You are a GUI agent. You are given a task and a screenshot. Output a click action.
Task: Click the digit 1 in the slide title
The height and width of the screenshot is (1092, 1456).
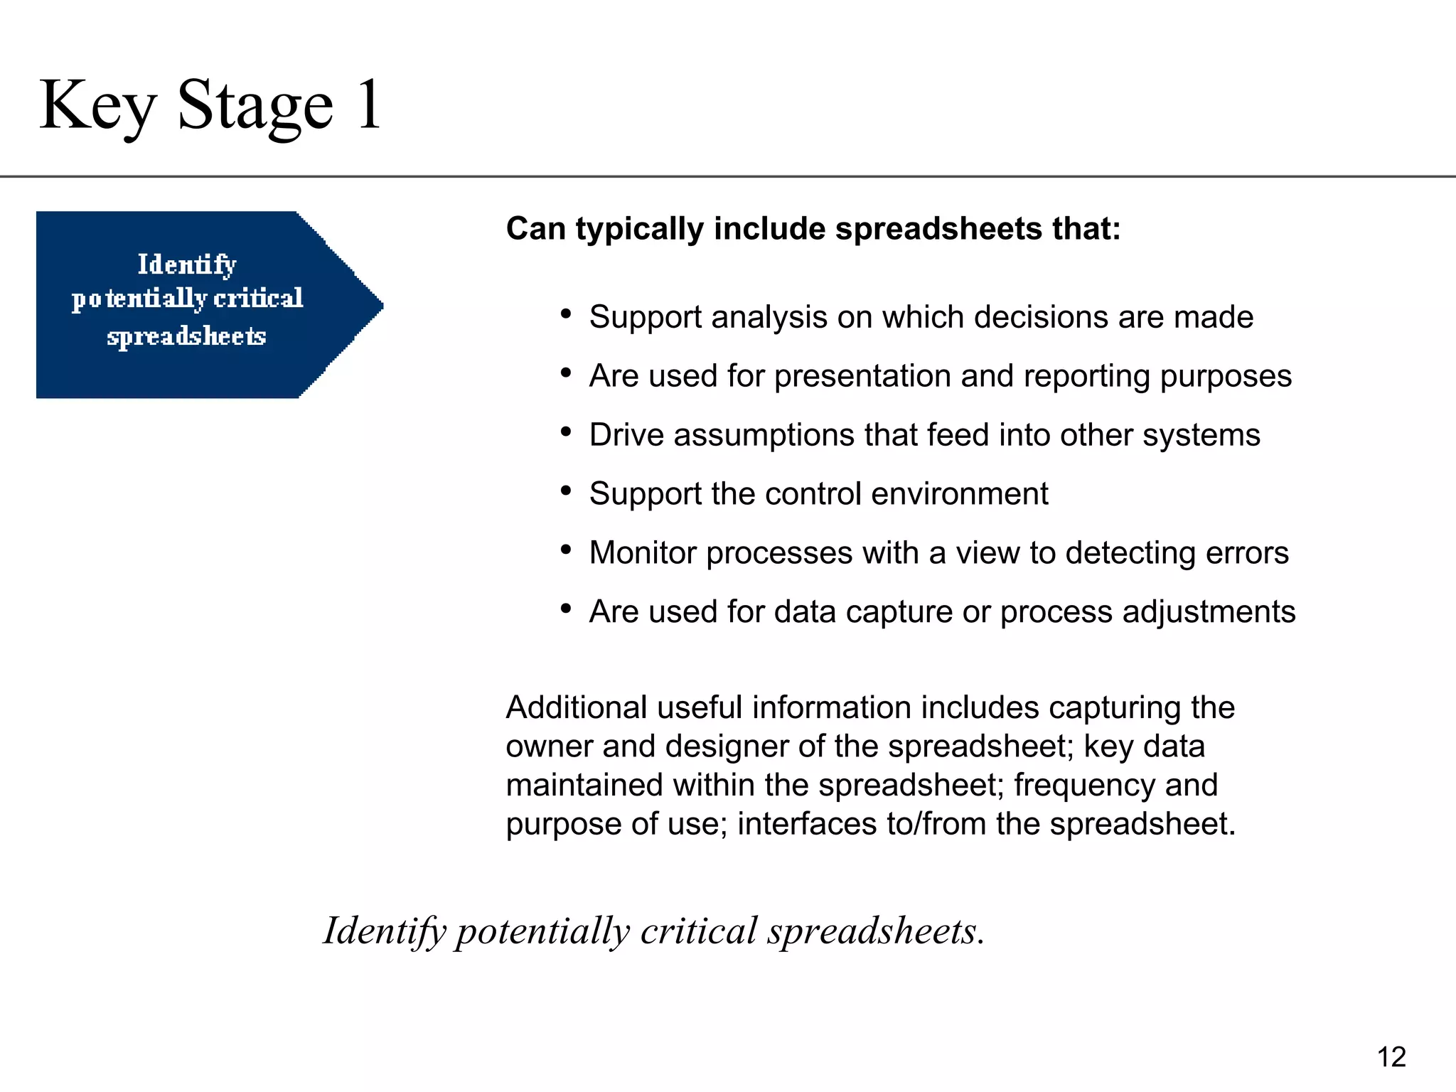[369, 105]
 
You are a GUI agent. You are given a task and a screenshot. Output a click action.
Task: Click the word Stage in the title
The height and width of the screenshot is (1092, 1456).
[255, 106]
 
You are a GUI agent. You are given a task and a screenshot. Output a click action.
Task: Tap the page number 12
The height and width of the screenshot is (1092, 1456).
[1391, 1057]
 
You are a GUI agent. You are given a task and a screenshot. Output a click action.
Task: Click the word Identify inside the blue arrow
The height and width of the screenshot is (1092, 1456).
[186, 264]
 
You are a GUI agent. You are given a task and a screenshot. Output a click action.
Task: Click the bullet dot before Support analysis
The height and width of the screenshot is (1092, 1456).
[566, 314]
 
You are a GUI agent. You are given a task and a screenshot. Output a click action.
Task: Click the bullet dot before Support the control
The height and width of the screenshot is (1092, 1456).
[566, 491]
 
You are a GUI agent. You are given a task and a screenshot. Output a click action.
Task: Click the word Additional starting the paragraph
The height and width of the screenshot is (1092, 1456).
[577, 707]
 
